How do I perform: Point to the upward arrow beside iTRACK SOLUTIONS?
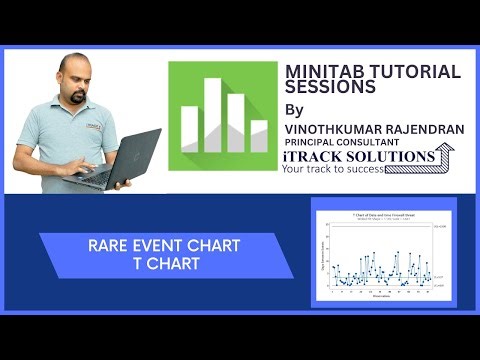448,155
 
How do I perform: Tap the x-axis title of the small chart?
383,295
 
